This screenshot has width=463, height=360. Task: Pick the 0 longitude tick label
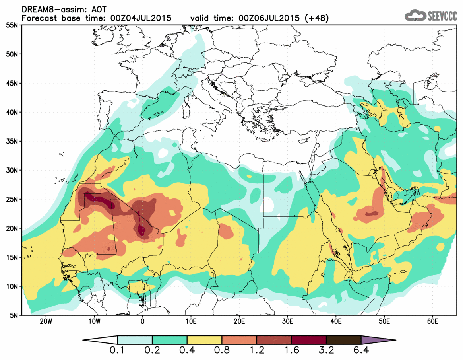[x=143, y=321]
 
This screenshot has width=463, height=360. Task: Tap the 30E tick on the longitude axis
[x=288, y=321]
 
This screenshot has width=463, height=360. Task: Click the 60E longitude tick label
[x=433, y=321]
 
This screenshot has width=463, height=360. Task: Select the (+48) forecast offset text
[x=316, y=18]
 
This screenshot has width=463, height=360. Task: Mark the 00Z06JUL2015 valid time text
[x=269, y=18]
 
